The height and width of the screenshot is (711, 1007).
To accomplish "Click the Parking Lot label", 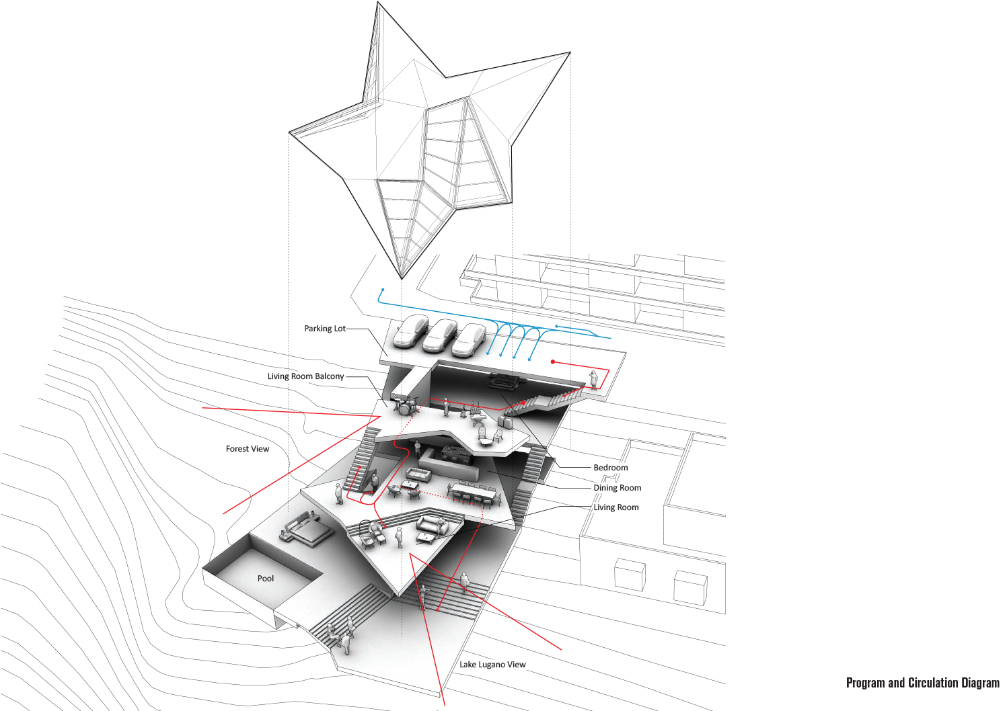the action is tap(324, 329).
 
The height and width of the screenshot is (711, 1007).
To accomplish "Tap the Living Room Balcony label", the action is tap(305, 376).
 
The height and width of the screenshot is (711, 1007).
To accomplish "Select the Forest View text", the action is tap(247, 449).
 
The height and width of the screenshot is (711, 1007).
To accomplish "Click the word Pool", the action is tap(266, 579).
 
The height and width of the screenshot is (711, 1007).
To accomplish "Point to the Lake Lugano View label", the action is tap(492, 665).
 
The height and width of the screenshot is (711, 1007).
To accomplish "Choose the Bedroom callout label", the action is tap(610, 468).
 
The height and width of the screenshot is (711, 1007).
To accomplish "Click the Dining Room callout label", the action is tap(617, 488).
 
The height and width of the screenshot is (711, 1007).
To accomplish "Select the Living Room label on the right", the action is tap(616, 507).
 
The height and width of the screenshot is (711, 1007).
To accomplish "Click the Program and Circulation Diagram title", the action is tap(922, 683).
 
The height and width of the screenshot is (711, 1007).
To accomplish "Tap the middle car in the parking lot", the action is tap(440, 335).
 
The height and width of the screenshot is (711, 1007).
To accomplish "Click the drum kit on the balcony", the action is tap(404, 405).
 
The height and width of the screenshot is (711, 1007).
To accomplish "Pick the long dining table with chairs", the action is tap(474, 494).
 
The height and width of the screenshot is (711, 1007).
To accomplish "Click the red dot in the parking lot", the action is tap(553, 362).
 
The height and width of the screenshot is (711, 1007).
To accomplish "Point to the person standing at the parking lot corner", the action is tap(593, 379).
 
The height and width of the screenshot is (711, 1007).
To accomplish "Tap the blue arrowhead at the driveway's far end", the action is tap(382, 290).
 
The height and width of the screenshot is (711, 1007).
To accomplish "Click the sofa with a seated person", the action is tap(433, 525).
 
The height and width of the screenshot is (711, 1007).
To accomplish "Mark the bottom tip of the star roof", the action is tap(402, 278).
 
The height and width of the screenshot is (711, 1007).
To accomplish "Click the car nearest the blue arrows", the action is tap(469, 339).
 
